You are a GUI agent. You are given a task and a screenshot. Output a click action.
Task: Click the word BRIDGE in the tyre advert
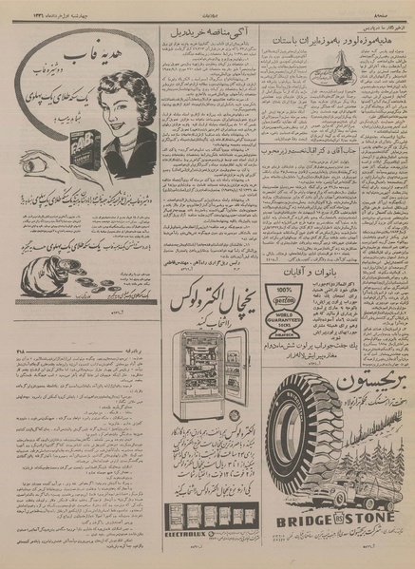303,522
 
